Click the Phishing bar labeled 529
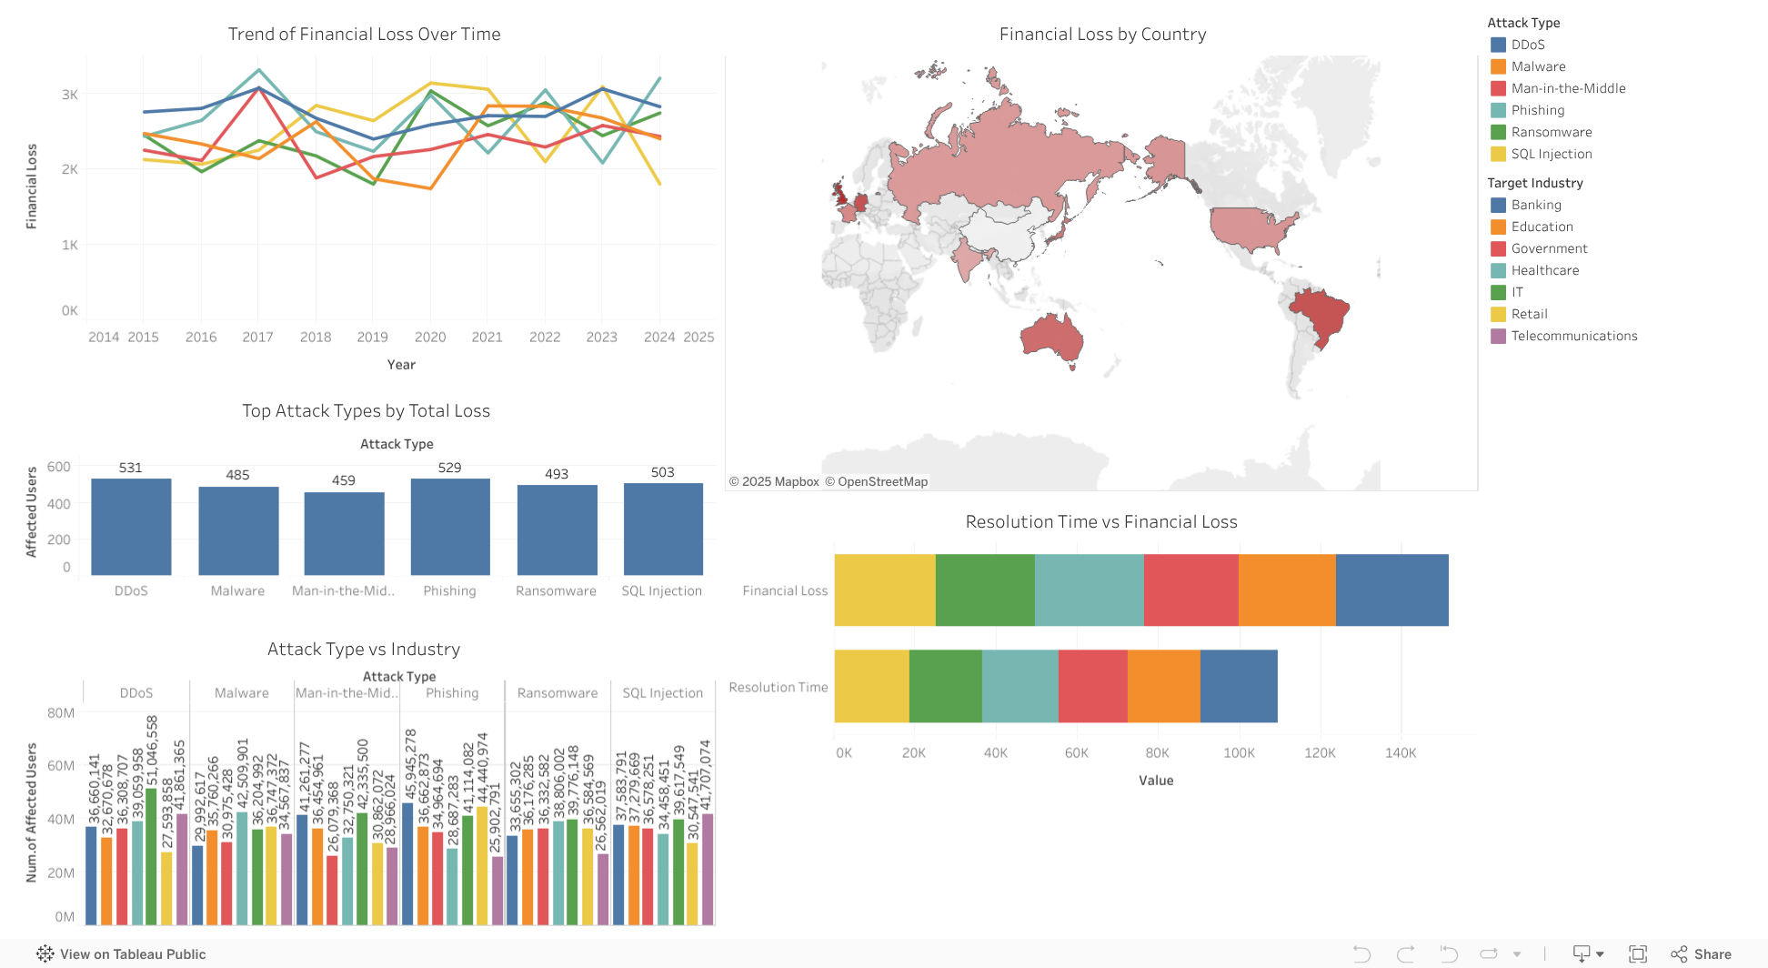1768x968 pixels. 450,527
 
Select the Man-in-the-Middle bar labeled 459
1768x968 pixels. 344,534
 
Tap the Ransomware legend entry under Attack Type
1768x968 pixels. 1551,132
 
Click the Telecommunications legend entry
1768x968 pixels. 1573,336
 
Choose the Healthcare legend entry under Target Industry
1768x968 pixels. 1544,270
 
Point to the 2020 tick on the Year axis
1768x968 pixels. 430,337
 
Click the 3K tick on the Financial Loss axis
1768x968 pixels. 70,95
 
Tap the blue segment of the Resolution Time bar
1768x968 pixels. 1239,686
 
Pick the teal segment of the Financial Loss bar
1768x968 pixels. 1089,590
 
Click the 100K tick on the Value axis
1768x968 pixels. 1239,753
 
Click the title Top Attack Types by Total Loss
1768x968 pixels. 366,411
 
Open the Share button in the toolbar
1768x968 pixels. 1702,954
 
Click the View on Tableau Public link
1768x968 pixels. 133,954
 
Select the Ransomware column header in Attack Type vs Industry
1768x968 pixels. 558,693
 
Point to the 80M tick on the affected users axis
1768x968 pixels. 61,713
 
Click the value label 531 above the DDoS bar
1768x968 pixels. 131,468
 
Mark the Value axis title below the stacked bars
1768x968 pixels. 1156,781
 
